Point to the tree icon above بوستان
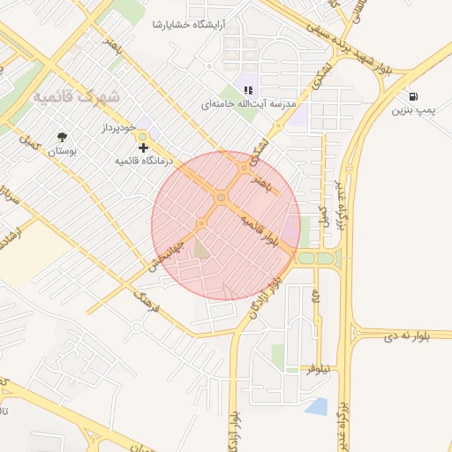tap(61, 137)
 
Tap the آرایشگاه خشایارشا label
tap(189, 23)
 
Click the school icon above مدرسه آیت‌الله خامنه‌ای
tap(248, 89)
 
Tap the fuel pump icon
tap(414, 96)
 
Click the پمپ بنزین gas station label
tap(415, 111)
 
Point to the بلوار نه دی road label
tap(405, 337)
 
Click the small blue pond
tap(315, 406)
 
